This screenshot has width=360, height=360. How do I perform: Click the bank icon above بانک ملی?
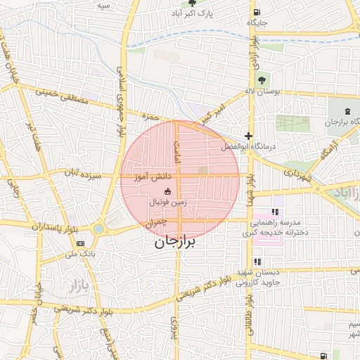click(79, 243)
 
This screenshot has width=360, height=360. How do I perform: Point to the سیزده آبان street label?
click(83, 172)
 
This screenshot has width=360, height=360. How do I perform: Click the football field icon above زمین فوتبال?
click(167, 192)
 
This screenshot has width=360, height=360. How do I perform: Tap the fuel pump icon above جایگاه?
click(258, 11)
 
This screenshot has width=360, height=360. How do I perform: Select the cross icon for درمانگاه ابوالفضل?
click(248, 136)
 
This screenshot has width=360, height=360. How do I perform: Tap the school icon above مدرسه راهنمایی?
click(276, 211)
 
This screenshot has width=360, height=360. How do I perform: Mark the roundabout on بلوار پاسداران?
click(98, 229)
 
